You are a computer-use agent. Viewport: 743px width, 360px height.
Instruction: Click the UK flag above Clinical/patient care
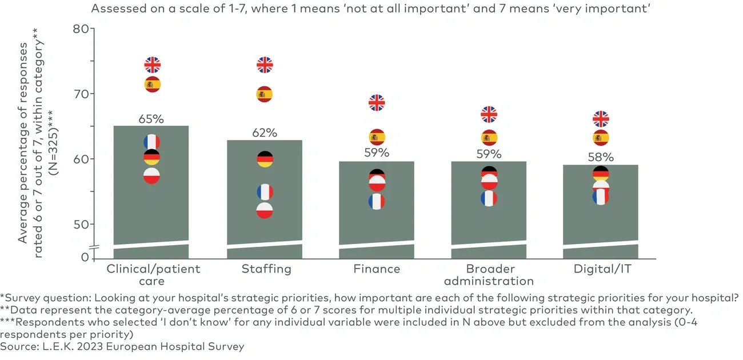tap(152, 65)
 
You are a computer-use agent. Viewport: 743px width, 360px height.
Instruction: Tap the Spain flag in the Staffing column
tap(264, 94)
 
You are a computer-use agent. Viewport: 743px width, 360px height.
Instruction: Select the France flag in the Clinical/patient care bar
tap(152, 142)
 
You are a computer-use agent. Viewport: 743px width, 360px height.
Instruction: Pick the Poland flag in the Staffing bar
tap(264, 210)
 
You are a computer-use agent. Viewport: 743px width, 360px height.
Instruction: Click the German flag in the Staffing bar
tap(264, 159)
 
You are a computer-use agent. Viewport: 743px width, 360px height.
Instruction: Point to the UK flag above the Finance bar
tap(376, 103)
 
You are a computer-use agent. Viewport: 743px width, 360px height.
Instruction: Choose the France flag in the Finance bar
tap(376, 202)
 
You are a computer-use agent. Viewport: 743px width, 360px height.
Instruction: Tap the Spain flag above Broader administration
tap(489, 138)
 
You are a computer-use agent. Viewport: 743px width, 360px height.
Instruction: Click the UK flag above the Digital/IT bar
tap(601, 119)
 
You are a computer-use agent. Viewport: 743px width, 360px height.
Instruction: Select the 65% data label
tap(151, 119)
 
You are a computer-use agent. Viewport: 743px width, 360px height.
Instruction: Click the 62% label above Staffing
tap(264, 133)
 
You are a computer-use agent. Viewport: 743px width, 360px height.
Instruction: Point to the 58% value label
tap(601, 157)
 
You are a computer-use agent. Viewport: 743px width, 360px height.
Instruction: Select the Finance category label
tap(376, 269)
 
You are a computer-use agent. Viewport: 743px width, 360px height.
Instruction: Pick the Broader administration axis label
tap(489, 275)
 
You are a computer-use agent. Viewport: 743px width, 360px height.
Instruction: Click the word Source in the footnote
tap(17, 347)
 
